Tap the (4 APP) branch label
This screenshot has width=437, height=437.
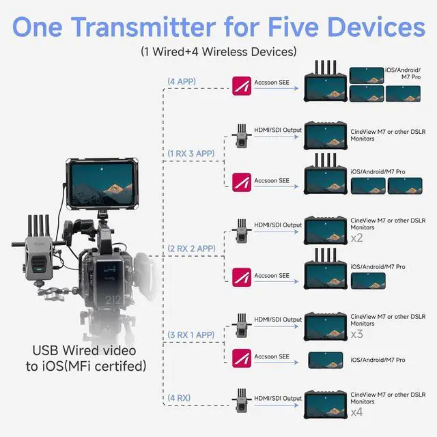(182, 82)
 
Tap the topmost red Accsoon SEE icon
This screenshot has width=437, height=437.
(242, 85)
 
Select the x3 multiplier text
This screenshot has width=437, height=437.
(356, 335)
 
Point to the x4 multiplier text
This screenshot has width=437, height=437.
(356, 412)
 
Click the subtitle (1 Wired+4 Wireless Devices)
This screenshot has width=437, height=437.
(218, 51)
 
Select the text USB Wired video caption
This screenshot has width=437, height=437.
(84, 351)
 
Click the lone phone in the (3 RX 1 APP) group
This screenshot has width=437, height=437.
(325, 360)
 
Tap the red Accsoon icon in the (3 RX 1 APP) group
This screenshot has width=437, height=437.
(241, 358)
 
